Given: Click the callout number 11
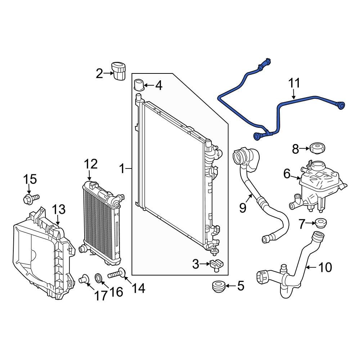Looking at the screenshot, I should click(294, 84).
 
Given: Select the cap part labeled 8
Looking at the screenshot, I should click(317, 148).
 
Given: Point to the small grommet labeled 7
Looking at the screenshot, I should click(320, 223).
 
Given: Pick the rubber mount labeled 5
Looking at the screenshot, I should click(218, 287).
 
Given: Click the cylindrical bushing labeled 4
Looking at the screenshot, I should click(139, 85).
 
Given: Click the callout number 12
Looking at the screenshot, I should click(91, 164).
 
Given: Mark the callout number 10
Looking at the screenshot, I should click(325, 267).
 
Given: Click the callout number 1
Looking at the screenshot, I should click(122, 168).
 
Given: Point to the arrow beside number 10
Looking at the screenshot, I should click(312, 267).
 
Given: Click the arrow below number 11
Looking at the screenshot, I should click(294, 95).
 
